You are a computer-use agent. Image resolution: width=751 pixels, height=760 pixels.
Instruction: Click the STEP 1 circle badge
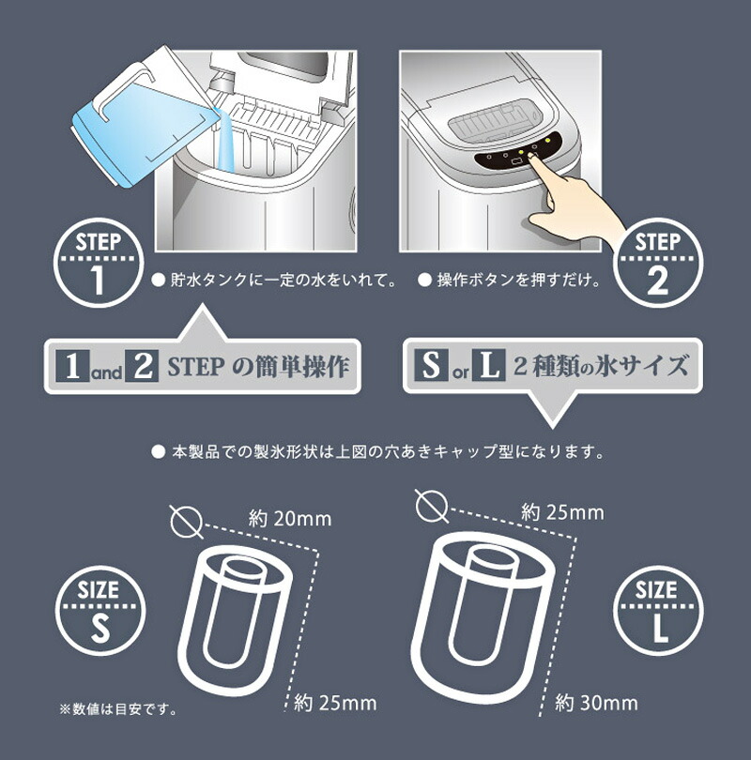tap(97, 263)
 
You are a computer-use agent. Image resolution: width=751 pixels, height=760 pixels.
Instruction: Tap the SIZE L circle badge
tap(654, 609)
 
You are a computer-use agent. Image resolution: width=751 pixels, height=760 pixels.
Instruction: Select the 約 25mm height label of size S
tap(336, 702)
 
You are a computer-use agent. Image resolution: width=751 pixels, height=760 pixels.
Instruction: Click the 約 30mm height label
tap(596, 702)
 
